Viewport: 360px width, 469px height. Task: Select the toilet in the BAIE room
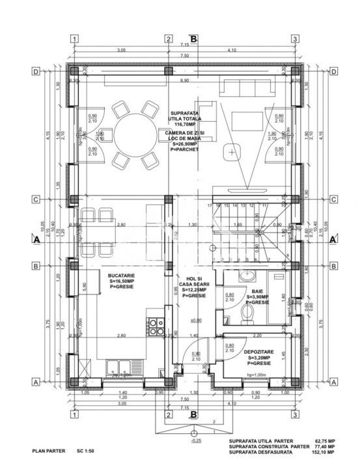(x=245, y=315)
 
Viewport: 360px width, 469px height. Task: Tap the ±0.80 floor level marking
(x=194, y=319)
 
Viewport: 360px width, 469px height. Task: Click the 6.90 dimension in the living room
(x=184, y=81)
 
